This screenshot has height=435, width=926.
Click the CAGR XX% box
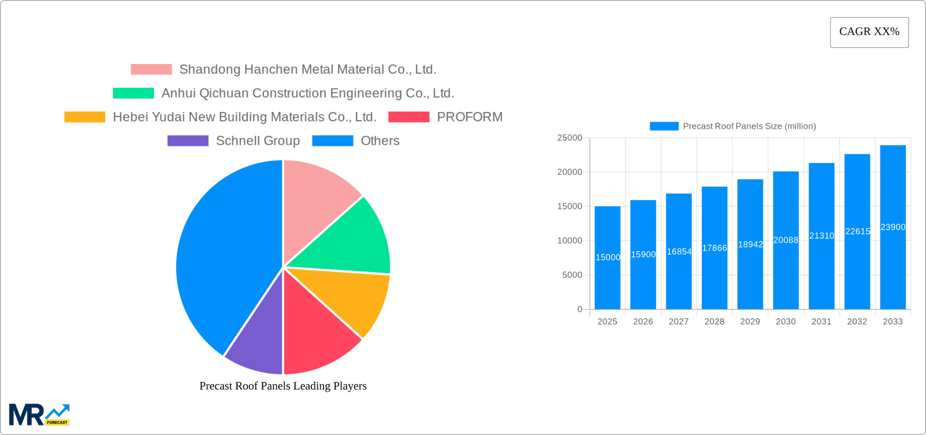869,32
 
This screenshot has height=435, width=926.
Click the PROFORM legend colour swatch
409,117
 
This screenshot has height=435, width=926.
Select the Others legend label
380,140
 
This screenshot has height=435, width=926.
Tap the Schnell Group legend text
258,140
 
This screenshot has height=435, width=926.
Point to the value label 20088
786,240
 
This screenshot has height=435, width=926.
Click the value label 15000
608,257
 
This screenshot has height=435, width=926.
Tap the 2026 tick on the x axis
643,322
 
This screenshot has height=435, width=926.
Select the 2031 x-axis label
821,322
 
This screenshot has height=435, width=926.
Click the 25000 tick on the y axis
570,138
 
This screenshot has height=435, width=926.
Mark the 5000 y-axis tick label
572,275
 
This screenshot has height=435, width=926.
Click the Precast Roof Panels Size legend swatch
664,126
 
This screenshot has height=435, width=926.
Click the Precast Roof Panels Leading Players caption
283,386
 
